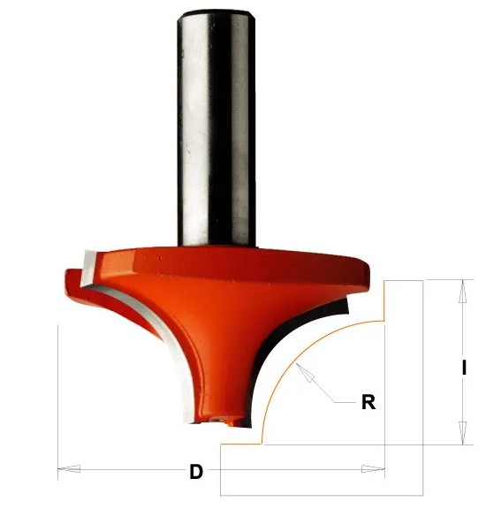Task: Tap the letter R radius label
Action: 368,402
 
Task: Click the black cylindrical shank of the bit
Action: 217,133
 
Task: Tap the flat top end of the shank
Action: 217,11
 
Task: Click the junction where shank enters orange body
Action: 217,246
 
